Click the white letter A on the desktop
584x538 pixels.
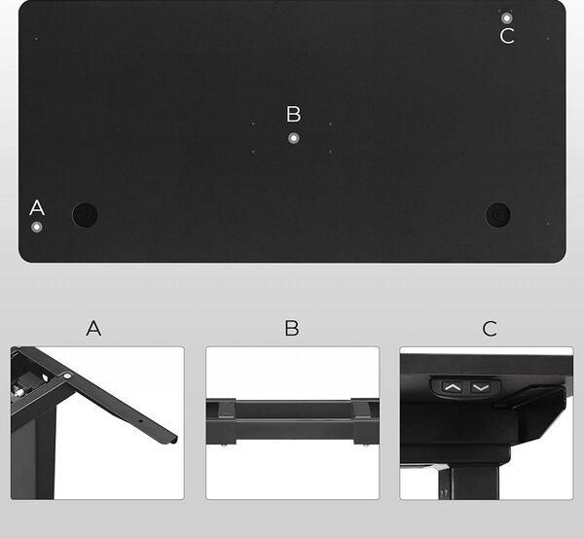[37, 208]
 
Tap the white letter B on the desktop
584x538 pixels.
[294, 114]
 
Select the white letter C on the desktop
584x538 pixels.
[507, 36]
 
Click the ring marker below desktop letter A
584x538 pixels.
[37, 227]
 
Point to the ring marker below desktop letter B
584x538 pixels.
[294, 138]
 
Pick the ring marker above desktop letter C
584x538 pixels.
[506, 18]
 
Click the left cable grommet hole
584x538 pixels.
[85, 215]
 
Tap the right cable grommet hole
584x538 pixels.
[498, 215]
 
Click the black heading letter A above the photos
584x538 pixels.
[93, 328]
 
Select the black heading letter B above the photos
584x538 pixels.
[292, 328]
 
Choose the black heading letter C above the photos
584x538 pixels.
[490, 329]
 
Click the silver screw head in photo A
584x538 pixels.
[67, 377]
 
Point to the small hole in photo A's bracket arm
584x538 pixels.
[141, 421]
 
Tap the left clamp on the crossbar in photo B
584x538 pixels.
[226, 422]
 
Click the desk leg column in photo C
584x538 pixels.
[475, 483]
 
